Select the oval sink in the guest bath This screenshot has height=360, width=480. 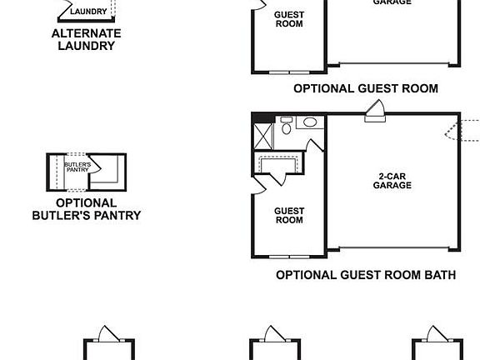309,122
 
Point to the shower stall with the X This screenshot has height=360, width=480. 262,134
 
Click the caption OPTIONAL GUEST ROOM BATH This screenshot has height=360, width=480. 365,274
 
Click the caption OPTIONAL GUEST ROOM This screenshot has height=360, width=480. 366,87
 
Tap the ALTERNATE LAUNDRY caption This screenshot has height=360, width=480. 87,39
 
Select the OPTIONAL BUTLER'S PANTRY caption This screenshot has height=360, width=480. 87,209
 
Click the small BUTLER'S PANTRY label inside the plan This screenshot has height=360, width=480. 76,167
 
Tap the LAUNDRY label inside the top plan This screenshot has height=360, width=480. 87,12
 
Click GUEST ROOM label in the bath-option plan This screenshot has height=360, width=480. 289,216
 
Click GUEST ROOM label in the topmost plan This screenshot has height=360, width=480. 289,19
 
